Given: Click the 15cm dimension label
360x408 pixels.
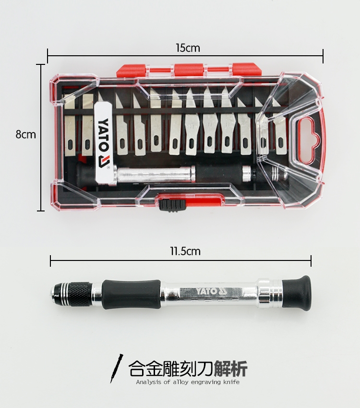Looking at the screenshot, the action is [x=188, y=48].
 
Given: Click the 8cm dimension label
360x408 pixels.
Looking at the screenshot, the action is [x=25, y=135].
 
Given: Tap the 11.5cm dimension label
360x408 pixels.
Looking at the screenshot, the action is [x=185, y=251].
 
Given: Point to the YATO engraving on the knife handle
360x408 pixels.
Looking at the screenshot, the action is [x=211, y=291].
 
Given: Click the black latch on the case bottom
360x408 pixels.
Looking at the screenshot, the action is [x=172, y=205].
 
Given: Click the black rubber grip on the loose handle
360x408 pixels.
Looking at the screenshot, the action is [x=132, y=294].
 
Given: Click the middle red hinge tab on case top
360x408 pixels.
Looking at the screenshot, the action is [x=189, y=70].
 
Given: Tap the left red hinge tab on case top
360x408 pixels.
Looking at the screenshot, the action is [x=132, y=71].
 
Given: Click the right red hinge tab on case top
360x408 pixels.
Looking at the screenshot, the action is [x=246, y=69].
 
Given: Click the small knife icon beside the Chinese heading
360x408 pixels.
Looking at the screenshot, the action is [x=116, y=368].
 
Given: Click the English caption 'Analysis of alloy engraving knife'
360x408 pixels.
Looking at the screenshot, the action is [x=188, y=382].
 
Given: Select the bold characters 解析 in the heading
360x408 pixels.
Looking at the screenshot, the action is [x=231, y=368].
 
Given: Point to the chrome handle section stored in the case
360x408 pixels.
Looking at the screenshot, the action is [x=156, y=174].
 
